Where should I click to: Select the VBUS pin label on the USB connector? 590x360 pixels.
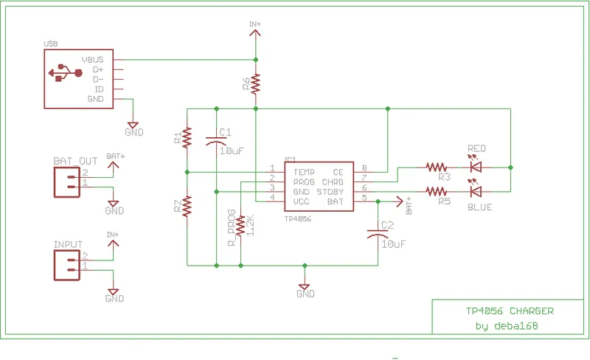point(97,59)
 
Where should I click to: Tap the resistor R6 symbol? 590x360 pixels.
point(256,83)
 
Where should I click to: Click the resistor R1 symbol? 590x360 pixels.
point(187,136)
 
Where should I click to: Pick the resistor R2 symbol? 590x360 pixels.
point(187,205)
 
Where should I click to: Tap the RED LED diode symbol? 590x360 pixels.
point(476,167)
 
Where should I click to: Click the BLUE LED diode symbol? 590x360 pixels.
point(476,191)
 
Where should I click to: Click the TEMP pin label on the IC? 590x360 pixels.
point(294,170)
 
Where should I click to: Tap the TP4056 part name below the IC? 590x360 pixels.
point(298,218)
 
